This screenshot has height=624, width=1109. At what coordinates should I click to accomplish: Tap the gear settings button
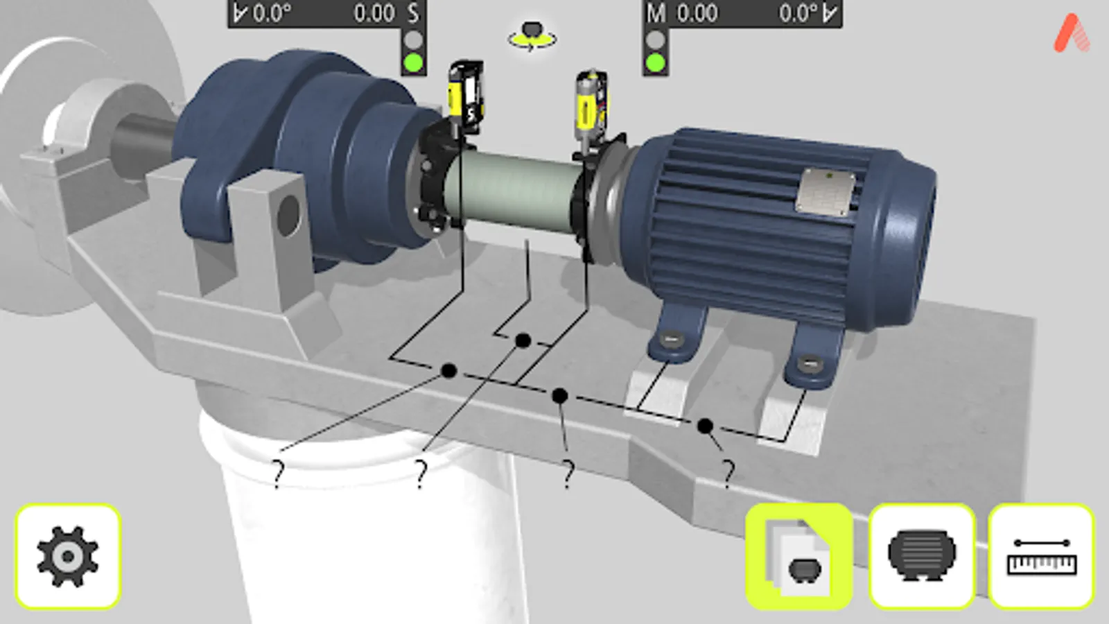(68, 557)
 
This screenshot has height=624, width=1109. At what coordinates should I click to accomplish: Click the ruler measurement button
(1041, 557)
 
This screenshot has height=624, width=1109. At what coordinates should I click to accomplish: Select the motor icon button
(921, 557)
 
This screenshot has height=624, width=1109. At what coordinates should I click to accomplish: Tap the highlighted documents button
(798, 557)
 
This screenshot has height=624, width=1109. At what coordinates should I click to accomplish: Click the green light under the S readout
(413, 63)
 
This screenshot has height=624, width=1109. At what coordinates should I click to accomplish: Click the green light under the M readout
(655, 63)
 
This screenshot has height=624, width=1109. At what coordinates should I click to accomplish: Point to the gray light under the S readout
(413, 40)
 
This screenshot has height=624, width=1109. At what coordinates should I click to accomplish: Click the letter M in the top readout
(655, 13)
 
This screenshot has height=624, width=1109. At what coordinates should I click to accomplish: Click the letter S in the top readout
(413, 13)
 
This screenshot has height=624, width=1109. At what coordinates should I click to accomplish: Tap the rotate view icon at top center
(532, 37)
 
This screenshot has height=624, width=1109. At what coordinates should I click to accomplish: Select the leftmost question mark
(278, 474)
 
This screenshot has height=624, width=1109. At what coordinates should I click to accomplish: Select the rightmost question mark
(727, 474)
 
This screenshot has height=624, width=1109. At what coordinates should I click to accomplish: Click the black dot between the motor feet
(705, 426)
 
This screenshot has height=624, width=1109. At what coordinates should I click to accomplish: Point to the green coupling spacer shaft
(516, 191)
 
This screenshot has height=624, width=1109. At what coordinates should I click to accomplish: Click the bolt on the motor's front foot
(809, 363)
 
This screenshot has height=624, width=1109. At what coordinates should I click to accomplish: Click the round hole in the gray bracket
(288, 216)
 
